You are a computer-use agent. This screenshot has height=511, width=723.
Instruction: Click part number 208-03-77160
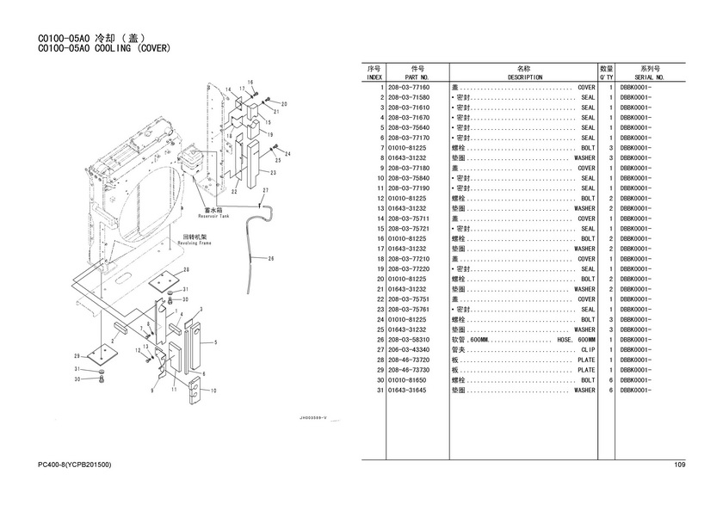[409, 88]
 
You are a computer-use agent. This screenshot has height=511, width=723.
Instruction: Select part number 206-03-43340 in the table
[409, 350]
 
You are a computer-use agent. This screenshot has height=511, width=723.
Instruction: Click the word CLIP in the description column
[588, 350]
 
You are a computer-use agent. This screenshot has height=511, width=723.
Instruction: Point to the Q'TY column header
[606, 77]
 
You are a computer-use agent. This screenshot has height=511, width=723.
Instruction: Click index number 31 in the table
[379, 391]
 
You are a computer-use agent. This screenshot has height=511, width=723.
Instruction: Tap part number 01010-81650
[409, 380]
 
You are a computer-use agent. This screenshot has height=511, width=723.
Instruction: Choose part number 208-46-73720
[409, 360]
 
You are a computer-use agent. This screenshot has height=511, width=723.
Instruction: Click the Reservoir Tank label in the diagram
[213, 216]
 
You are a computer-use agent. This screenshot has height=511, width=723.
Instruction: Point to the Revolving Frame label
[195, 243]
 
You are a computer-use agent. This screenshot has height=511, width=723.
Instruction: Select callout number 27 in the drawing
[266, 190]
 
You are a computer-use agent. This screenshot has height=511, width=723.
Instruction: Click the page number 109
[679, 465]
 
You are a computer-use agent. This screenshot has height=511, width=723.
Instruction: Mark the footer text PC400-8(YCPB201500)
[75, 465]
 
